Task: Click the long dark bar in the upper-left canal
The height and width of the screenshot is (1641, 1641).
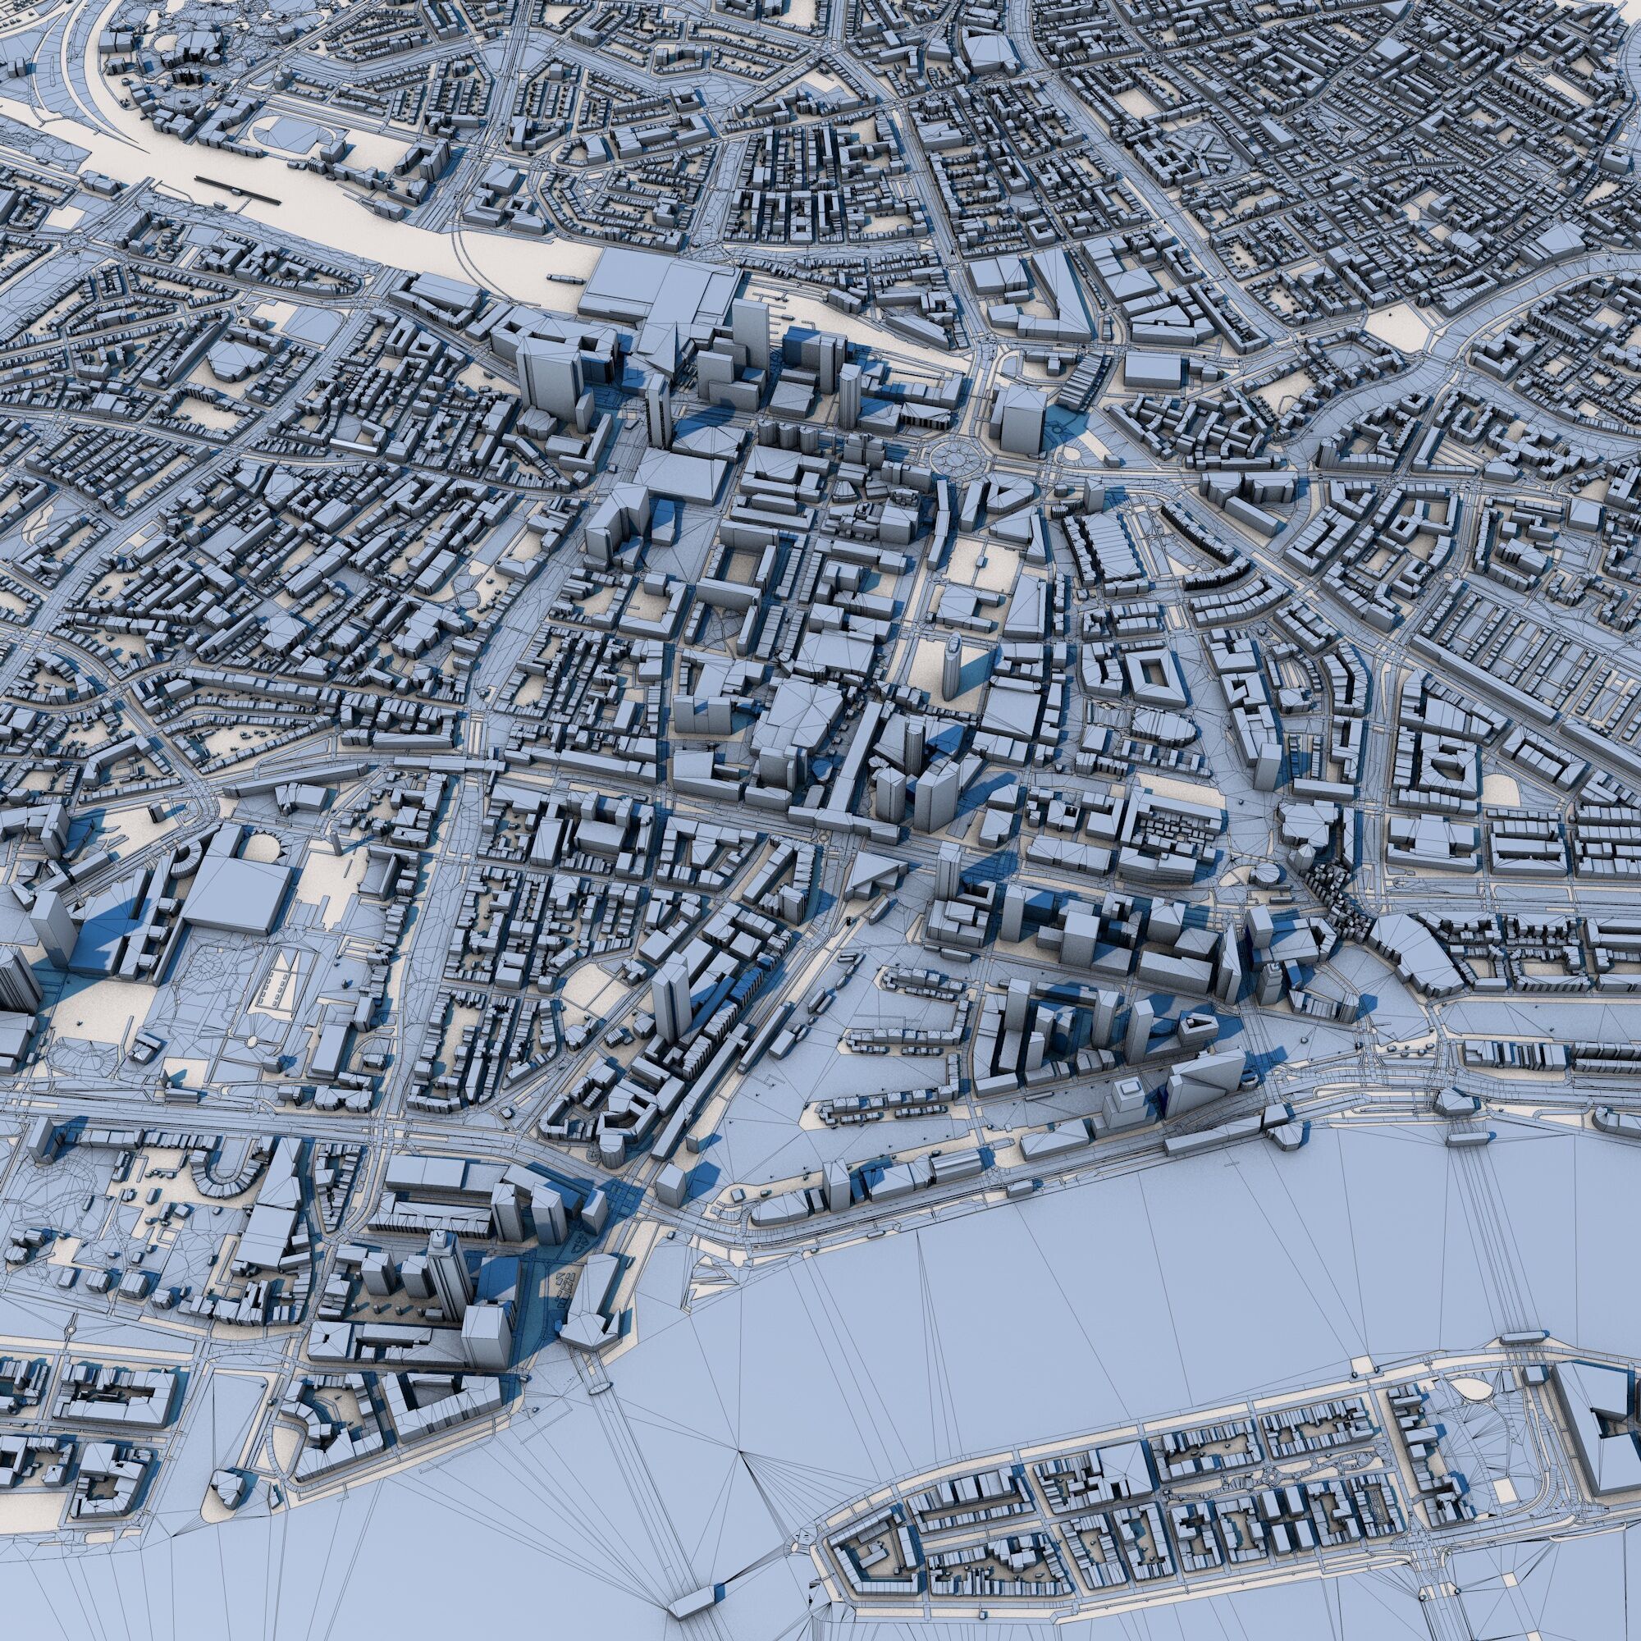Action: tap(237, 190)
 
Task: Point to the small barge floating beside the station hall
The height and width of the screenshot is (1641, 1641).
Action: tap(562, 277)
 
